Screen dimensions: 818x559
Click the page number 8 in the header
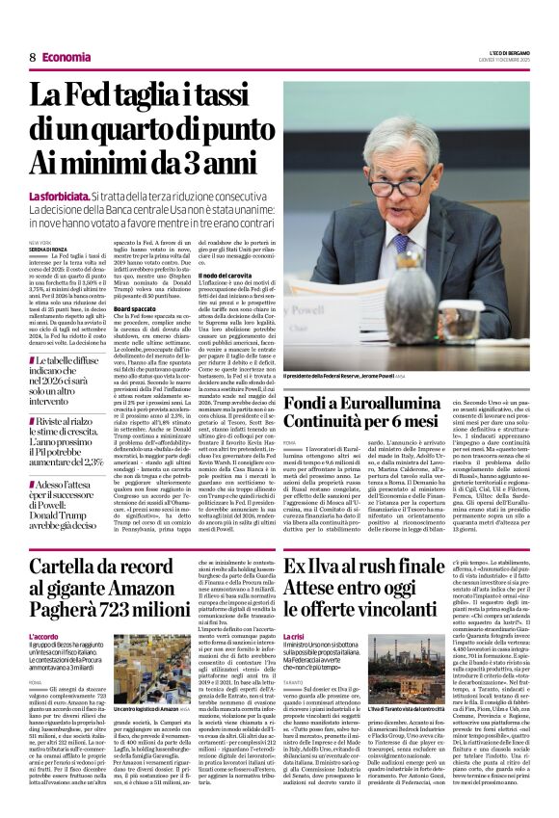[x=32, y=58]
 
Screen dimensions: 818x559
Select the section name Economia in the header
[x=67, y=58]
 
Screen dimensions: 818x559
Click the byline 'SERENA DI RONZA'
[x=49, y=250]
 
